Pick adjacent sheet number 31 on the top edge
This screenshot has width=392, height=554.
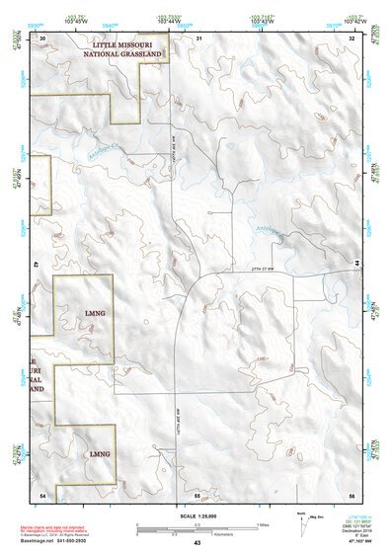[x=198, y=37]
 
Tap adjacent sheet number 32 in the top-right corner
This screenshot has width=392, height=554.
[x=352, y=37]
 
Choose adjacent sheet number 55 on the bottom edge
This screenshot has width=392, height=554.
[x=196, y=493]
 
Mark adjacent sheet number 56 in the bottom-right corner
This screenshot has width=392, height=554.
[x=352, y=493]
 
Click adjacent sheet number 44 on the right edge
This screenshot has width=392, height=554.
[x=354, y=264]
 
